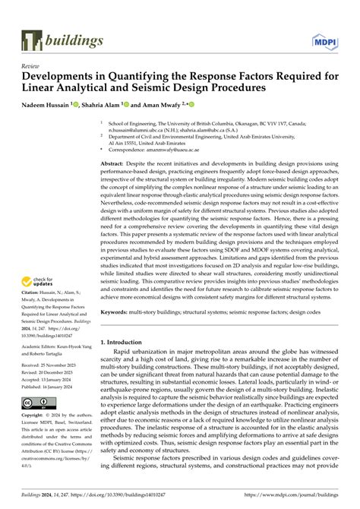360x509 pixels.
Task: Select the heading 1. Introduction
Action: (129, 343)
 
